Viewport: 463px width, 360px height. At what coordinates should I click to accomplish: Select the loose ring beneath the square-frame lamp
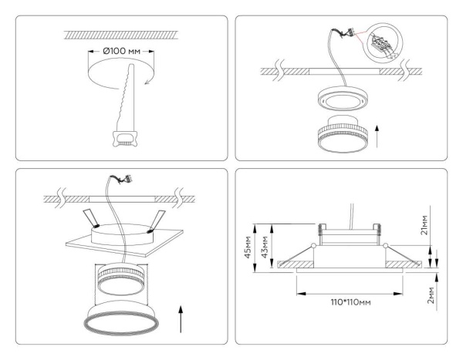click(120, 321)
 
